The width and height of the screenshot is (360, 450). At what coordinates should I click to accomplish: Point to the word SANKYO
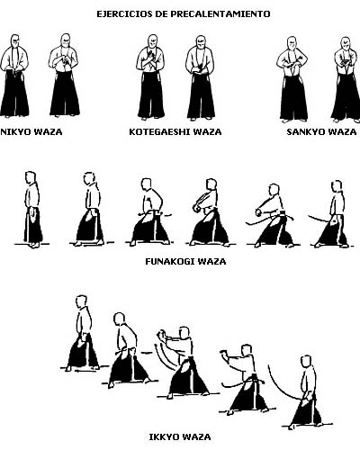click(304, 132)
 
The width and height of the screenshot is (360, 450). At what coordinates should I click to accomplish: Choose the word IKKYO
click(163, 436)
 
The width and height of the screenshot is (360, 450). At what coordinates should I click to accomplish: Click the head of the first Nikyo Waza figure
click(14, 42)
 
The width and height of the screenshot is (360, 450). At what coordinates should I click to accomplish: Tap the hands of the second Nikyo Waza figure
click(63, 60)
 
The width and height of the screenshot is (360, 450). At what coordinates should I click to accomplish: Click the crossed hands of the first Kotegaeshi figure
click(150, 58)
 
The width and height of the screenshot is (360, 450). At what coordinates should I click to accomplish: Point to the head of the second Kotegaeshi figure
click(201, 43)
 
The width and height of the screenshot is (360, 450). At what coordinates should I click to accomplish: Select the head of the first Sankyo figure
click(292, 44)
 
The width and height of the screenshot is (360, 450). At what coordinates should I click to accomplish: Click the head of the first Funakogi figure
click(31, 177)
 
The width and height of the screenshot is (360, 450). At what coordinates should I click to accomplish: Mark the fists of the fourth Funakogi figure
click(196, 208)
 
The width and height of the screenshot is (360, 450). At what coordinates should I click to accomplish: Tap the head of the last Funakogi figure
click(337, 186)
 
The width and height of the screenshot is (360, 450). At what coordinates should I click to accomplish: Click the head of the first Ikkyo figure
click(81, 301)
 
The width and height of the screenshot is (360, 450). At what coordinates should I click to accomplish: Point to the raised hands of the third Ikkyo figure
click(161, 334)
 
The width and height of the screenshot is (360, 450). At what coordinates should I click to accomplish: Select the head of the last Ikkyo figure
click(306, 361)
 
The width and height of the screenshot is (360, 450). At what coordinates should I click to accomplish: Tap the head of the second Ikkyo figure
click(120, 319)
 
